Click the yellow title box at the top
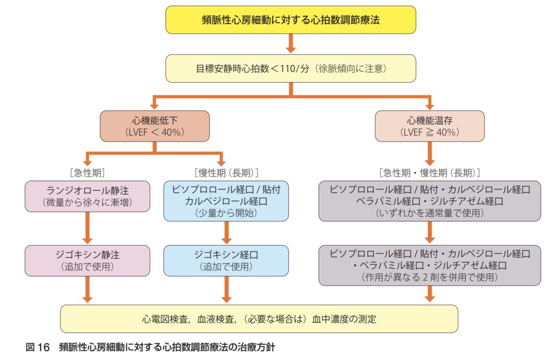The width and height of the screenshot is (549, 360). [x=291, y=20]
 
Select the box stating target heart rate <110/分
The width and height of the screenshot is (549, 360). [x=291, y=68]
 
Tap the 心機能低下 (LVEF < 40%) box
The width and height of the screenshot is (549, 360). [x=154, y=126]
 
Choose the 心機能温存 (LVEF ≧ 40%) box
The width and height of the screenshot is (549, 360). [x=429, y=126]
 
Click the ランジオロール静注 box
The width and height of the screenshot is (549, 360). [x=87, y=196]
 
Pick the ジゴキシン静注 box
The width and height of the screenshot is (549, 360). [x=87, y=261]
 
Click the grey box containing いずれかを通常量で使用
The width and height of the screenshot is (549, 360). [x=429, y=201]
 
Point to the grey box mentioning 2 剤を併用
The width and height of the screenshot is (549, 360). [x=429, y=265]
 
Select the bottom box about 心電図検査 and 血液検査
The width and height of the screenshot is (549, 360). [x=259, y=319]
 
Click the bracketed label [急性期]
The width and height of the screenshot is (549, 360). [x=87, y=173]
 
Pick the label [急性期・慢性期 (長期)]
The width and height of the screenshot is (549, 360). [x=429, y=173]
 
